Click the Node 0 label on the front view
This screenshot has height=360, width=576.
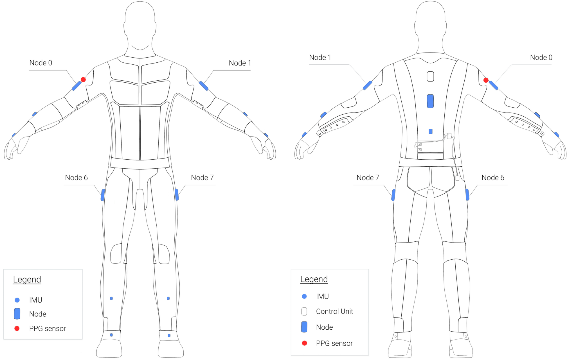tap(41, 63)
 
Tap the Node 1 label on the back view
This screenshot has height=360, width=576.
tap(320, 58)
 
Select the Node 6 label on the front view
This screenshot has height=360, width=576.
tap(76, 178)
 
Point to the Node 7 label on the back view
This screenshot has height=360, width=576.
tap(368, 178)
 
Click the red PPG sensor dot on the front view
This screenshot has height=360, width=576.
tap(83, 80)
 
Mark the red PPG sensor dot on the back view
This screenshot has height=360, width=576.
tap(486, 80)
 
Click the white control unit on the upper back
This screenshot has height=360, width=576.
tap(430, 76)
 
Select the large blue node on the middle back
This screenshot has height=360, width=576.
tap(430, 101)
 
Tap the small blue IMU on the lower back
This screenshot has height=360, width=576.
tap(430, 131)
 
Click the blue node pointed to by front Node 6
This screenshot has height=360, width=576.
tap(103, 195)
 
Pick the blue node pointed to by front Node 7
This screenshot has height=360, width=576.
tap(177, 194)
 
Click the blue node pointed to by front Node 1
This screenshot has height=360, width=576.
tap(204, 86)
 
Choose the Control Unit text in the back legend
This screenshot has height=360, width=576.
tap(334, 311)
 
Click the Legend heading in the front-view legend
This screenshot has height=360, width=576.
tap(27, 279)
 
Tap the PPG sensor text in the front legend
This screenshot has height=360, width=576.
tap(48, 329)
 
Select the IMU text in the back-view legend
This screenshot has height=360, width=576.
tap(322, 296)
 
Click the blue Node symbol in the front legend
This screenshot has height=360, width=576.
tap(17, 314)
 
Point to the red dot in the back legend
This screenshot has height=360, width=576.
tap(304, 343)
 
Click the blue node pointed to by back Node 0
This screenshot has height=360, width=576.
tap(493, 85)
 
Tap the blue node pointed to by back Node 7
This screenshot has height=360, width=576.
tap(393, 195)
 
